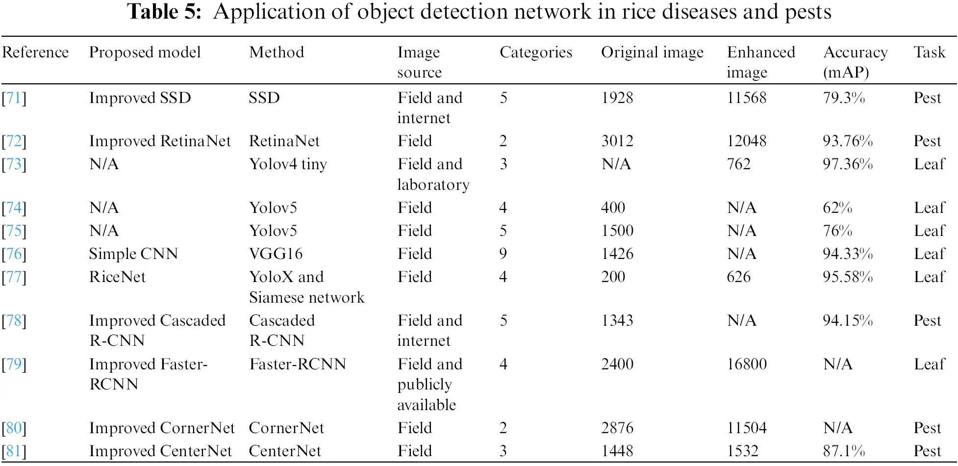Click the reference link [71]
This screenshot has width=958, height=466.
tap(14, 98)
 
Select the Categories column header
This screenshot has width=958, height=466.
tap(535, 52)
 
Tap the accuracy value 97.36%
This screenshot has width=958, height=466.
tap(847, 164)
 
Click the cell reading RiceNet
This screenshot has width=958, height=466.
tap(117, 277)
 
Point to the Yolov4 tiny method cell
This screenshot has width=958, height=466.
tap(288, 164)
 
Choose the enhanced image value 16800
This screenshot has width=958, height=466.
tap(746, 364)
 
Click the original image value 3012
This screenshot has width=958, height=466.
tap(617, 141)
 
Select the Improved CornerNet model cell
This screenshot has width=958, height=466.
tap(162, 428)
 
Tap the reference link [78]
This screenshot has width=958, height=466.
tap(14, 321)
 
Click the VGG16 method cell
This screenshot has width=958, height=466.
tap(276, 254)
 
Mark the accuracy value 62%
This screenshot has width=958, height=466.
tap(837, 208)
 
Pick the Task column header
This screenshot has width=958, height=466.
tap(929, 52)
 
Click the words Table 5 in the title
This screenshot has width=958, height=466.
tap(164, 12)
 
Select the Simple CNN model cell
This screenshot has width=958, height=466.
tap(133, 254)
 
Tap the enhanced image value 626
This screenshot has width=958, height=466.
tap(738, 277)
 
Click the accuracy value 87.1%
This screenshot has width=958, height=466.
tap(843, 451)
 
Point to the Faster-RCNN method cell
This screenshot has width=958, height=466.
tap(297, 364)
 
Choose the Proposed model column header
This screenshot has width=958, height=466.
tap(145, 52)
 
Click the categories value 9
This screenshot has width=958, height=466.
tap(503, 254)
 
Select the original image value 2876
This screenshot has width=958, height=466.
tap(617, 428)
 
